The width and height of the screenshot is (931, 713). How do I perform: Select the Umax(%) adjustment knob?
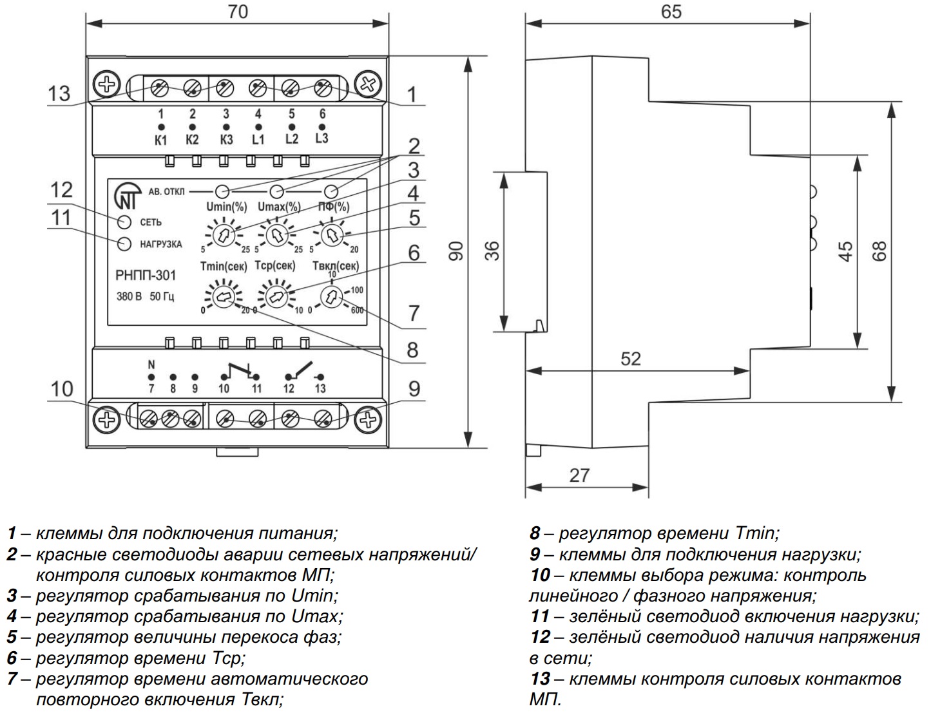(276, 236)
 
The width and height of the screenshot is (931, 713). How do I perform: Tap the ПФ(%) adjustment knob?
(331, 236)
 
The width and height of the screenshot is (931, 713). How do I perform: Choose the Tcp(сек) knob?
(276, 297)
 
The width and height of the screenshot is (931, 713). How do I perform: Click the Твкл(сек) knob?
(331, 297)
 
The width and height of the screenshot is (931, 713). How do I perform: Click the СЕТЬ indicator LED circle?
(124, 222)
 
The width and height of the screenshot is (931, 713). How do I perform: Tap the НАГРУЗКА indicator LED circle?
(124, 244)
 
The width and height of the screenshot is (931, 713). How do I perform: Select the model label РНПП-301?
(146, 276)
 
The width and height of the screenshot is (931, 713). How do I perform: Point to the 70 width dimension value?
(238, 12)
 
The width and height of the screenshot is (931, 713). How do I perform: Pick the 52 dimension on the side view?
(631, 359)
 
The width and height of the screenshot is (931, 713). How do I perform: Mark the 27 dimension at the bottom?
(579, 475)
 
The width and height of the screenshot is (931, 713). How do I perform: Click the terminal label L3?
(322, 138)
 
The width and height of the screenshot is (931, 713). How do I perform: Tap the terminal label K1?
(161, 140)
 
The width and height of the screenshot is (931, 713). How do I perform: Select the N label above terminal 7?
(151, 364)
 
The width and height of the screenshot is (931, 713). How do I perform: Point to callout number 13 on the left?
(59, 93)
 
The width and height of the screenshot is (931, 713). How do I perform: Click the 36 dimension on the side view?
(492, 251)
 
